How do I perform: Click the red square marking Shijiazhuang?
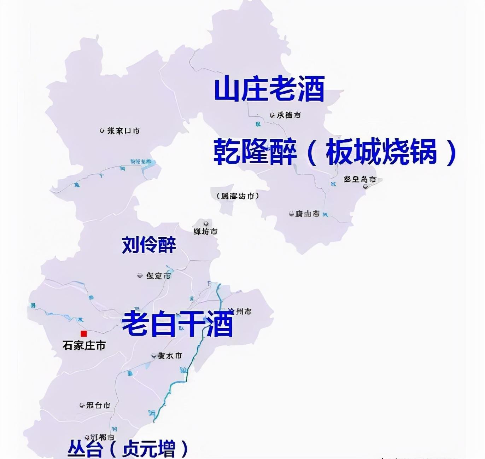[84, 333]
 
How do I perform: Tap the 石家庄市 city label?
[84, 345]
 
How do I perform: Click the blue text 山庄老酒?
[269, 90]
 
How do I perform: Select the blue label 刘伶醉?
[149, 244]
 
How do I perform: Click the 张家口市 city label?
[123, 131]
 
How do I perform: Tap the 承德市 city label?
[289, 115]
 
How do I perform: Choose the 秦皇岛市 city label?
[360, 179]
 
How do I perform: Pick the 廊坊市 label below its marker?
[205, 232]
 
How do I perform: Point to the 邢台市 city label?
[98, 405]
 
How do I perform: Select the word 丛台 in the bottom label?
[85, 448]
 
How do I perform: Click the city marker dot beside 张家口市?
[102, 130]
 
